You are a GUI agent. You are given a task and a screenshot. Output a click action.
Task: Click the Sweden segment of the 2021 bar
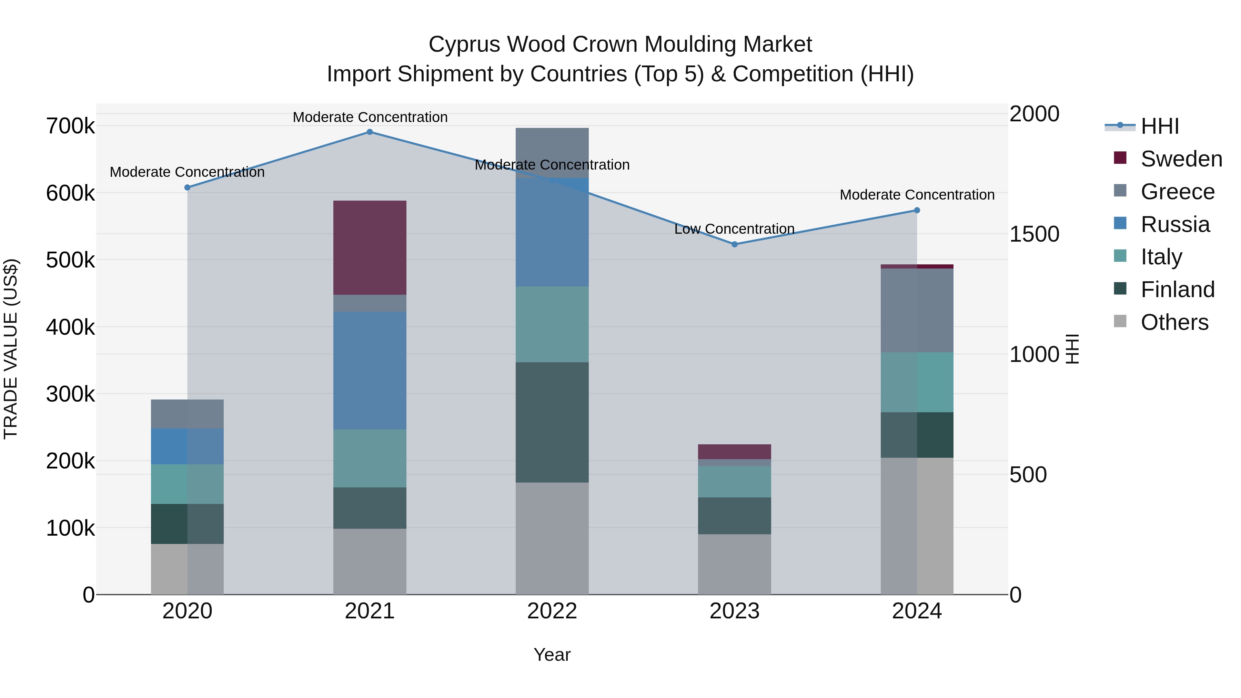370,247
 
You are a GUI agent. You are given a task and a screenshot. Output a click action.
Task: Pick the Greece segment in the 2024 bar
916,310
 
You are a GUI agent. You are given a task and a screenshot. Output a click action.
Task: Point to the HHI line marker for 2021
370,132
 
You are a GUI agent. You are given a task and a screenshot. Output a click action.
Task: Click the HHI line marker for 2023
734,244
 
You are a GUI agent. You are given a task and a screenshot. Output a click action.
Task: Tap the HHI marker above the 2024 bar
916,211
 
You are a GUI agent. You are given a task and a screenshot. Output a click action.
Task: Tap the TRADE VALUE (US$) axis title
11,349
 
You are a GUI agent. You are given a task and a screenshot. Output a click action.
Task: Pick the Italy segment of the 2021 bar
370,458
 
